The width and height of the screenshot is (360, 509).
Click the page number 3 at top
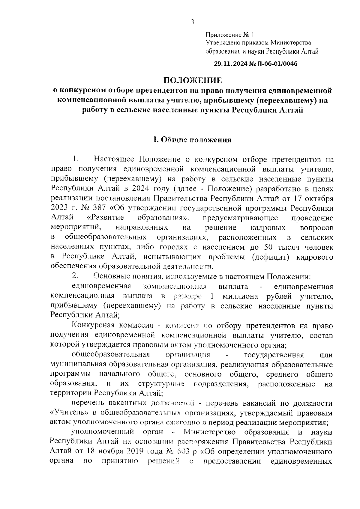pyautogui.click(x=192, y=22)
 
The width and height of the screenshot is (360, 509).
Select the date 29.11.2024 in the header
pyautogui.click(x=231, y=64)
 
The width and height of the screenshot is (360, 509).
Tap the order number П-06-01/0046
pyautogui.click(x=275, y=64)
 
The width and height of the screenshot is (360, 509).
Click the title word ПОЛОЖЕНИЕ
pyautogui.click(x=192, y=80)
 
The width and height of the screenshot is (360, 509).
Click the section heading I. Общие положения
pyautogui.click(x=192, y=140)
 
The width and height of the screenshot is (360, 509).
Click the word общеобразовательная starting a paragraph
pyautogui.click(x=110, y=355)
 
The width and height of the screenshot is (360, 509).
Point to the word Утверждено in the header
pyautogui.click(x=220, y=43)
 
